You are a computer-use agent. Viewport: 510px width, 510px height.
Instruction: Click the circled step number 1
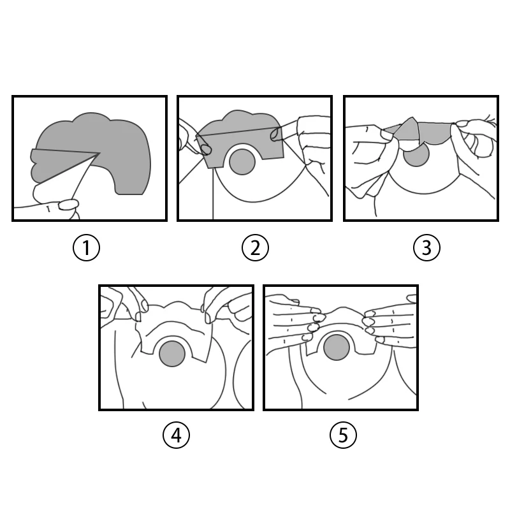86,247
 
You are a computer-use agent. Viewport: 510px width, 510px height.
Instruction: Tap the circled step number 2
256,247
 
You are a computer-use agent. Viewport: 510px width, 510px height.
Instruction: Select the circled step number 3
426,247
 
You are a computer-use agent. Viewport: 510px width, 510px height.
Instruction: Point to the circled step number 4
177,435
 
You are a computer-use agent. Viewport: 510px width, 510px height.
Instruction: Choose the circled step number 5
343,435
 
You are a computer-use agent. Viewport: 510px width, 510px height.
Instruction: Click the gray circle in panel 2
242,162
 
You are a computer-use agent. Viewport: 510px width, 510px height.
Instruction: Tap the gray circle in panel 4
172,354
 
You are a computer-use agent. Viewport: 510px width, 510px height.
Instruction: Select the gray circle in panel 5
337,347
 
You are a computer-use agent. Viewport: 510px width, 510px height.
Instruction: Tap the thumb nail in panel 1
68,205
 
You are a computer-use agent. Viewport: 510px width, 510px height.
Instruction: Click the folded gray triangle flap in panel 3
407,129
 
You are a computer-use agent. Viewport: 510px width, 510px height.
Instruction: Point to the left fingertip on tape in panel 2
205,149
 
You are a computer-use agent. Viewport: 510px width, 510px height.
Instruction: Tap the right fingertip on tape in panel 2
276,134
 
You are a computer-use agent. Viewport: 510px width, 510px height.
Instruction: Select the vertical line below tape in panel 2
213,193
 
